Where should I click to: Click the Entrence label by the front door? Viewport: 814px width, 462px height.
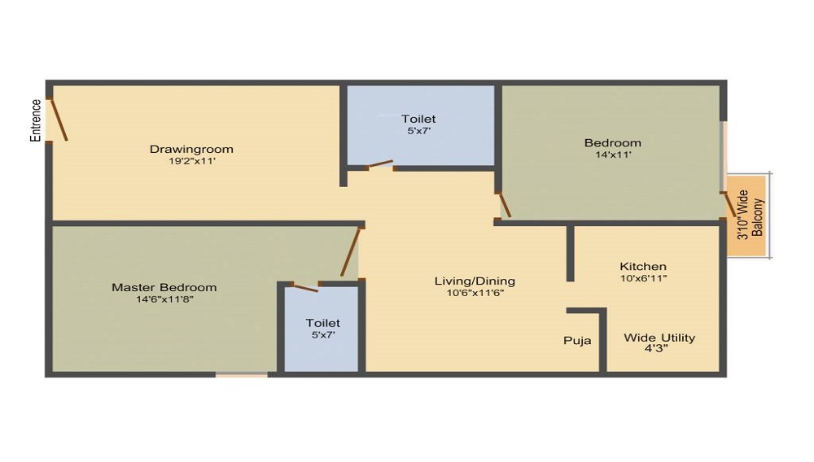(35, 120)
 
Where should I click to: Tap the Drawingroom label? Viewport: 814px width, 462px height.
(191, 150)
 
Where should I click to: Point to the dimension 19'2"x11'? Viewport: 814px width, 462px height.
(192, 161)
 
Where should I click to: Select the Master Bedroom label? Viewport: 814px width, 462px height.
(164, 287)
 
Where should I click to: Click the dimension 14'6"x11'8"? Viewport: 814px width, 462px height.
(164, 299)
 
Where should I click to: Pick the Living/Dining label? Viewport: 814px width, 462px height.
(475, 281)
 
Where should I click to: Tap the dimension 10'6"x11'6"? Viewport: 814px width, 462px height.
(475, 293)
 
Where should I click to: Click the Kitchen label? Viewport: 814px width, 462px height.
(643, 267)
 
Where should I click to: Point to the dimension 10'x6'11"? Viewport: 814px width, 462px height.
(643, 278)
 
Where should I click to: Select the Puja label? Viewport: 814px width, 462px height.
(577, 341)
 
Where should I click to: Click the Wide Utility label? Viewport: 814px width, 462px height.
(659, 338)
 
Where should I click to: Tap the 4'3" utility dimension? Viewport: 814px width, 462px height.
(656, 349)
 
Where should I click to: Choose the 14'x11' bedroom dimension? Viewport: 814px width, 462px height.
(613, 155)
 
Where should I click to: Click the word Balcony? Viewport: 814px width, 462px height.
(758, 217)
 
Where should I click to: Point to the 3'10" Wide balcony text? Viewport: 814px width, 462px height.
(743, 215)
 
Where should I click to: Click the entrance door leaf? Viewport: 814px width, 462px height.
(58, 120)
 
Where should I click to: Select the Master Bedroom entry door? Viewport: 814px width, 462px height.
(350, 252)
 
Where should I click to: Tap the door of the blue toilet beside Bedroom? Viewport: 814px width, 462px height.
(380, 164)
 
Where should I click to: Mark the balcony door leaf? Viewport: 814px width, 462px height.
(729, 204)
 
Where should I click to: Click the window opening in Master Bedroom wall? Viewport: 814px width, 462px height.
(242, 374)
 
